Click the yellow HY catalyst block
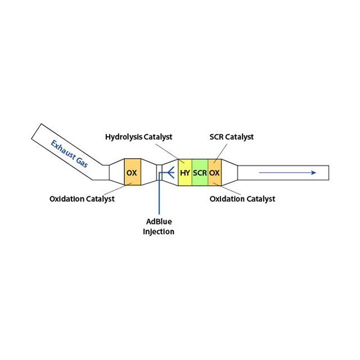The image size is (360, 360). coord(185,173)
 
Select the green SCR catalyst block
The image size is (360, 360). coord(200,173)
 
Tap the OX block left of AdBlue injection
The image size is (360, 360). coord(132,173)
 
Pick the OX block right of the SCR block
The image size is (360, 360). coord(215,173)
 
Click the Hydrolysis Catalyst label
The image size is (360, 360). coord(138,137)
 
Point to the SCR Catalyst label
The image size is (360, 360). coord(232,137)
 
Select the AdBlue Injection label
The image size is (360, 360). coord(159,226)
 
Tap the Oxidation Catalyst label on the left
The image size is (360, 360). coord(82,199)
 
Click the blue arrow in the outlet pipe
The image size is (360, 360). coord(287,173)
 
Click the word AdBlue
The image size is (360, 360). coord(159,221)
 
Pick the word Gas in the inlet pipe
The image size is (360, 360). coord(82,162)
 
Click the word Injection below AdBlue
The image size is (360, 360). coord(159,231)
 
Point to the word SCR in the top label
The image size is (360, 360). coord(217,137)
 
